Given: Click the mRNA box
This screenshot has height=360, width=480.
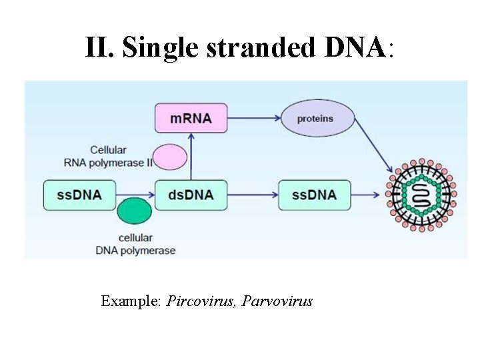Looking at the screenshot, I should click(191, 118).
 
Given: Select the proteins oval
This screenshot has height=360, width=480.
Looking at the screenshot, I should click(315, 119).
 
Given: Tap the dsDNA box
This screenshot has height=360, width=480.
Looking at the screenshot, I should click(191, 195).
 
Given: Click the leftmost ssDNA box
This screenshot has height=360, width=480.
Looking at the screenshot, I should click(79, 195).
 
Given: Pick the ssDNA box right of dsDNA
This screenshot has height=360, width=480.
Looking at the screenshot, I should click(314, 195).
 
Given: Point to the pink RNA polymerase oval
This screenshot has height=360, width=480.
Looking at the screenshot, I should click(170, 157).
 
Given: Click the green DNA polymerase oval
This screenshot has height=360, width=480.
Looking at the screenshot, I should click(135, 211).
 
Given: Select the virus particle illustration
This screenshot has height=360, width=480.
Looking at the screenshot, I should click(421, 195).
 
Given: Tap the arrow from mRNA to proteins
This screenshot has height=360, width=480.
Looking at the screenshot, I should click(253, 119).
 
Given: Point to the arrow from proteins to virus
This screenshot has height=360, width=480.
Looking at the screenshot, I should click(374, 150).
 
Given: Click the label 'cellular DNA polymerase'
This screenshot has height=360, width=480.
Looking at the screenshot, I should click(135, 244).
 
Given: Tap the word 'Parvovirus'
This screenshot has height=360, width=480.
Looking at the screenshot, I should click(277, 301).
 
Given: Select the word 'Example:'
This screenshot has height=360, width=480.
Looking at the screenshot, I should click(131, 301).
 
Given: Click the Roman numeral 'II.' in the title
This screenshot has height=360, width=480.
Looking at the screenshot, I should click(101, 48).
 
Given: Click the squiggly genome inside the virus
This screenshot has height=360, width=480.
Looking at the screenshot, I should click(421, 195).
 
